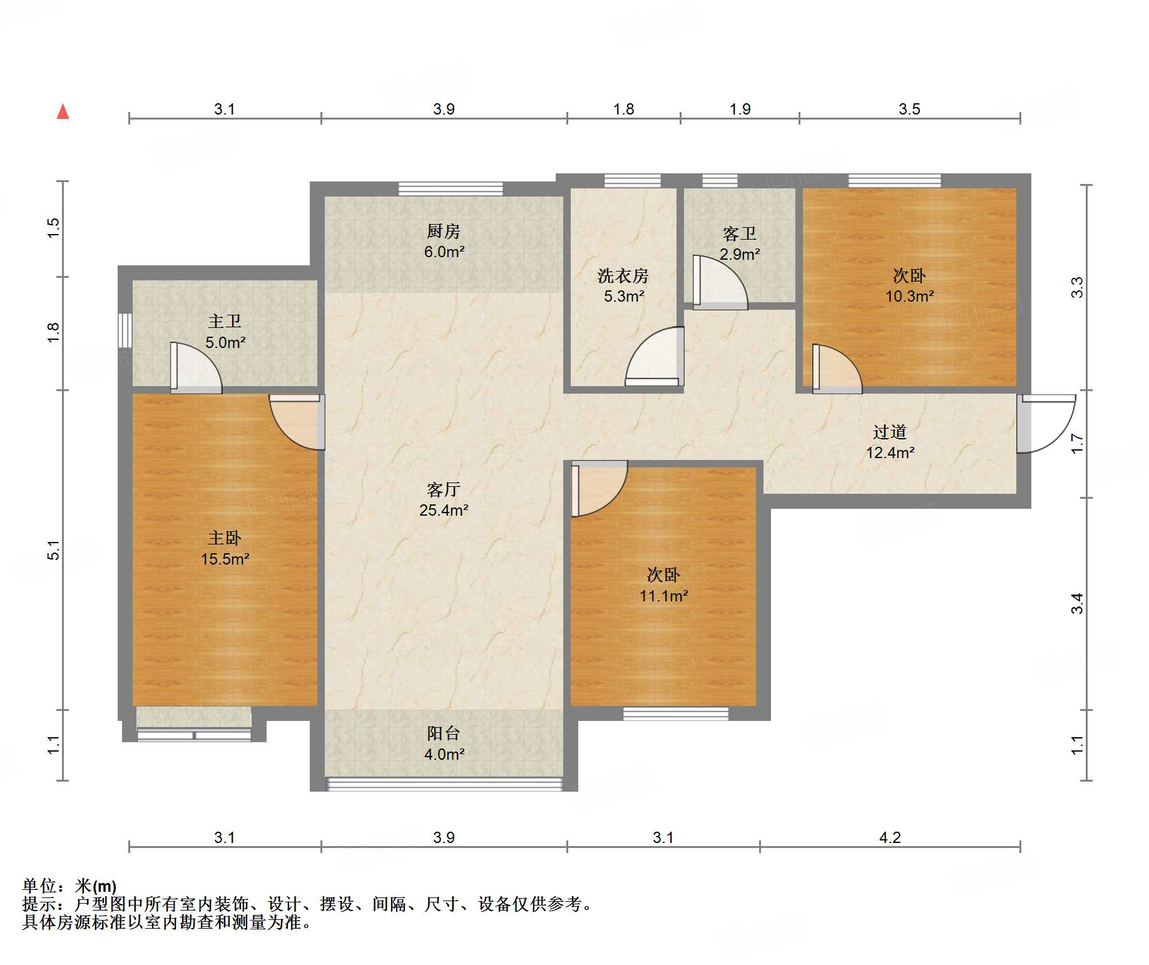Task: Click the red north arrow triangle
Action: (63, 111)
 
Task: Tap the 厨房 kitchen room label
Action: (444, 231)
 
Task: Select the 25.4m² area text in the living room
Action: (444, 510)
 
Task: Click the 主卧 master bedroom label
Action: (225, 538)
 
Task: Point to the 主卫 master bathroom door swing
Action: (196, 368)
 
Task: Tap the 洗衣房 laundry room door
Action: (655, 356)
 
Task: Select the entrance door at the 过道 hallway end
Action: (1046, 423)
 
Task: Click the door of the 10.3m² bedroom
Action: (837, 369)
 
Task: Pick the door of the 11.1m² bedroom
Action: (599, 489)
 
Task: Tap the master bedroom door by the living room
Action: (297, 422)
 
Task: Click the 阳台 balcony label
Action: (444, 733)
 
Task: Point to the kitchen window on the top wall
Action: (451, 188)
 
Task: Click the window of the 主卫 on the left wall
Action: (125, 330)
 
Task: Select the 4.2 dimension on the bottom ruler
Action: (890, 837)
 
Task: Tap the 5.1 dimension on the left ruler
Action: (54, 550)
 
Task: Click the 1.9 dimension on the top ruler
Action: (740, 109)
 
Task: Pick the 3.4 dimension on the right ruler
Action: (1076, 603)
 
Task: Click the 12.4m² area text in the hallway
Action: (890, 452)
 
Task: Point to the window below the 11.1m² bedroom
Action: (676, 713)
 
